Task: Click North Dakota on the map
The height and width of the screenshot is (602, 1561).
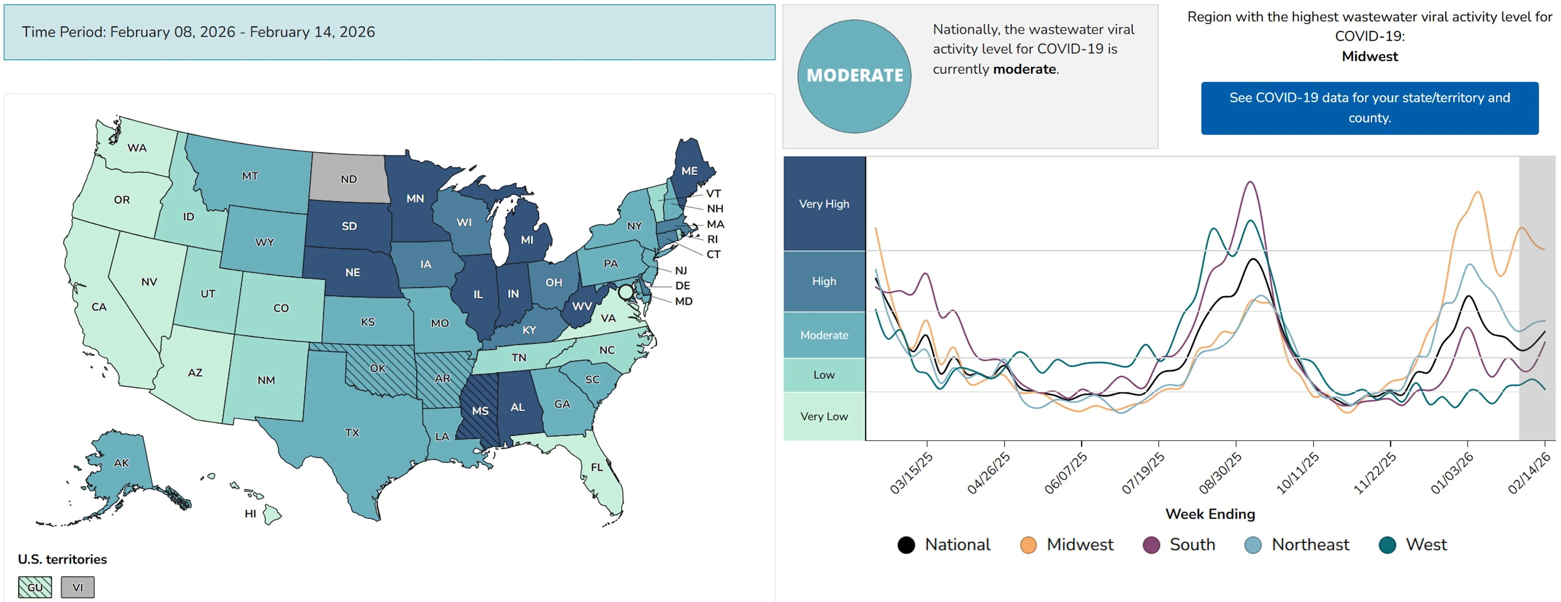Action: coord(348,179)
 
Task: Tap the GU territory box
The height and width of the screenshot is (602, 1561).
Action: coord(35,587)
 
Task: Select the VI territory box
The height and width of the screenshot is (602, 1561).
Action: coord(78,587)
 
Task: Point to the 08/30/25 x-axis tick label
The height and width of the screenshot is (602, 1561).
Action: coord(1220,473)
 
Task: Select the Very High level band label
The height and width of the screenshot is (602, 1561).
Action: coord(824,204)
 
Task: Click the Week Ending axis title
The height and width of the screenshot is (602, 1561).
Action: coord(1209,513)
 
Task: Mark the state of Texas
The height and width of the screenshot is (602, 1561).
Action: coord(352,433)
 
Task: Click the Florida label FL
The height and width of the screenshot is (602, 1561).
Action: coord(597,467)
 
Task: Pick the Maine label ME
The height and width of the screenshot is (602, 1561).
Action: coord(689,171)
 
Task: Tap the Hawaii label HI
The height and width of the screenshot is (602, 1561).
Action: coord(250,513)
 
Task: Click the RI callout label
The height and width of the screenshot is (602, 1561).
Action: coord(712,239)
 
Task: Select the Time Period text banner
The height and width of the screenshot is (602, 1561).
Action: coord(198,32)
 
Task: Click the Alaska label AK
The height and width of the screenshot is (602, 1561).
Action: coord(121,463)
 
